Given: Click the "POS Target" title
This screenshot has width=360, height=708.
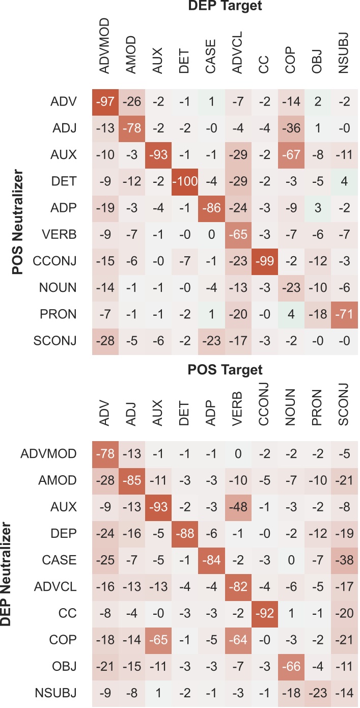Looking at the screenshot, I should click(x=224, y=369).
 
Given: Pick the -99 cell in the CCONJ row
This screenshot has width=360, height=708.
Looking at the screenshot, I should click(x=264, y=261).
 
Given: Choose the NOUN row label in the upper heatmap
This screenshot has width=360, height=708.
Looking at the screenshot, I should click(x=60, y=288).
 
